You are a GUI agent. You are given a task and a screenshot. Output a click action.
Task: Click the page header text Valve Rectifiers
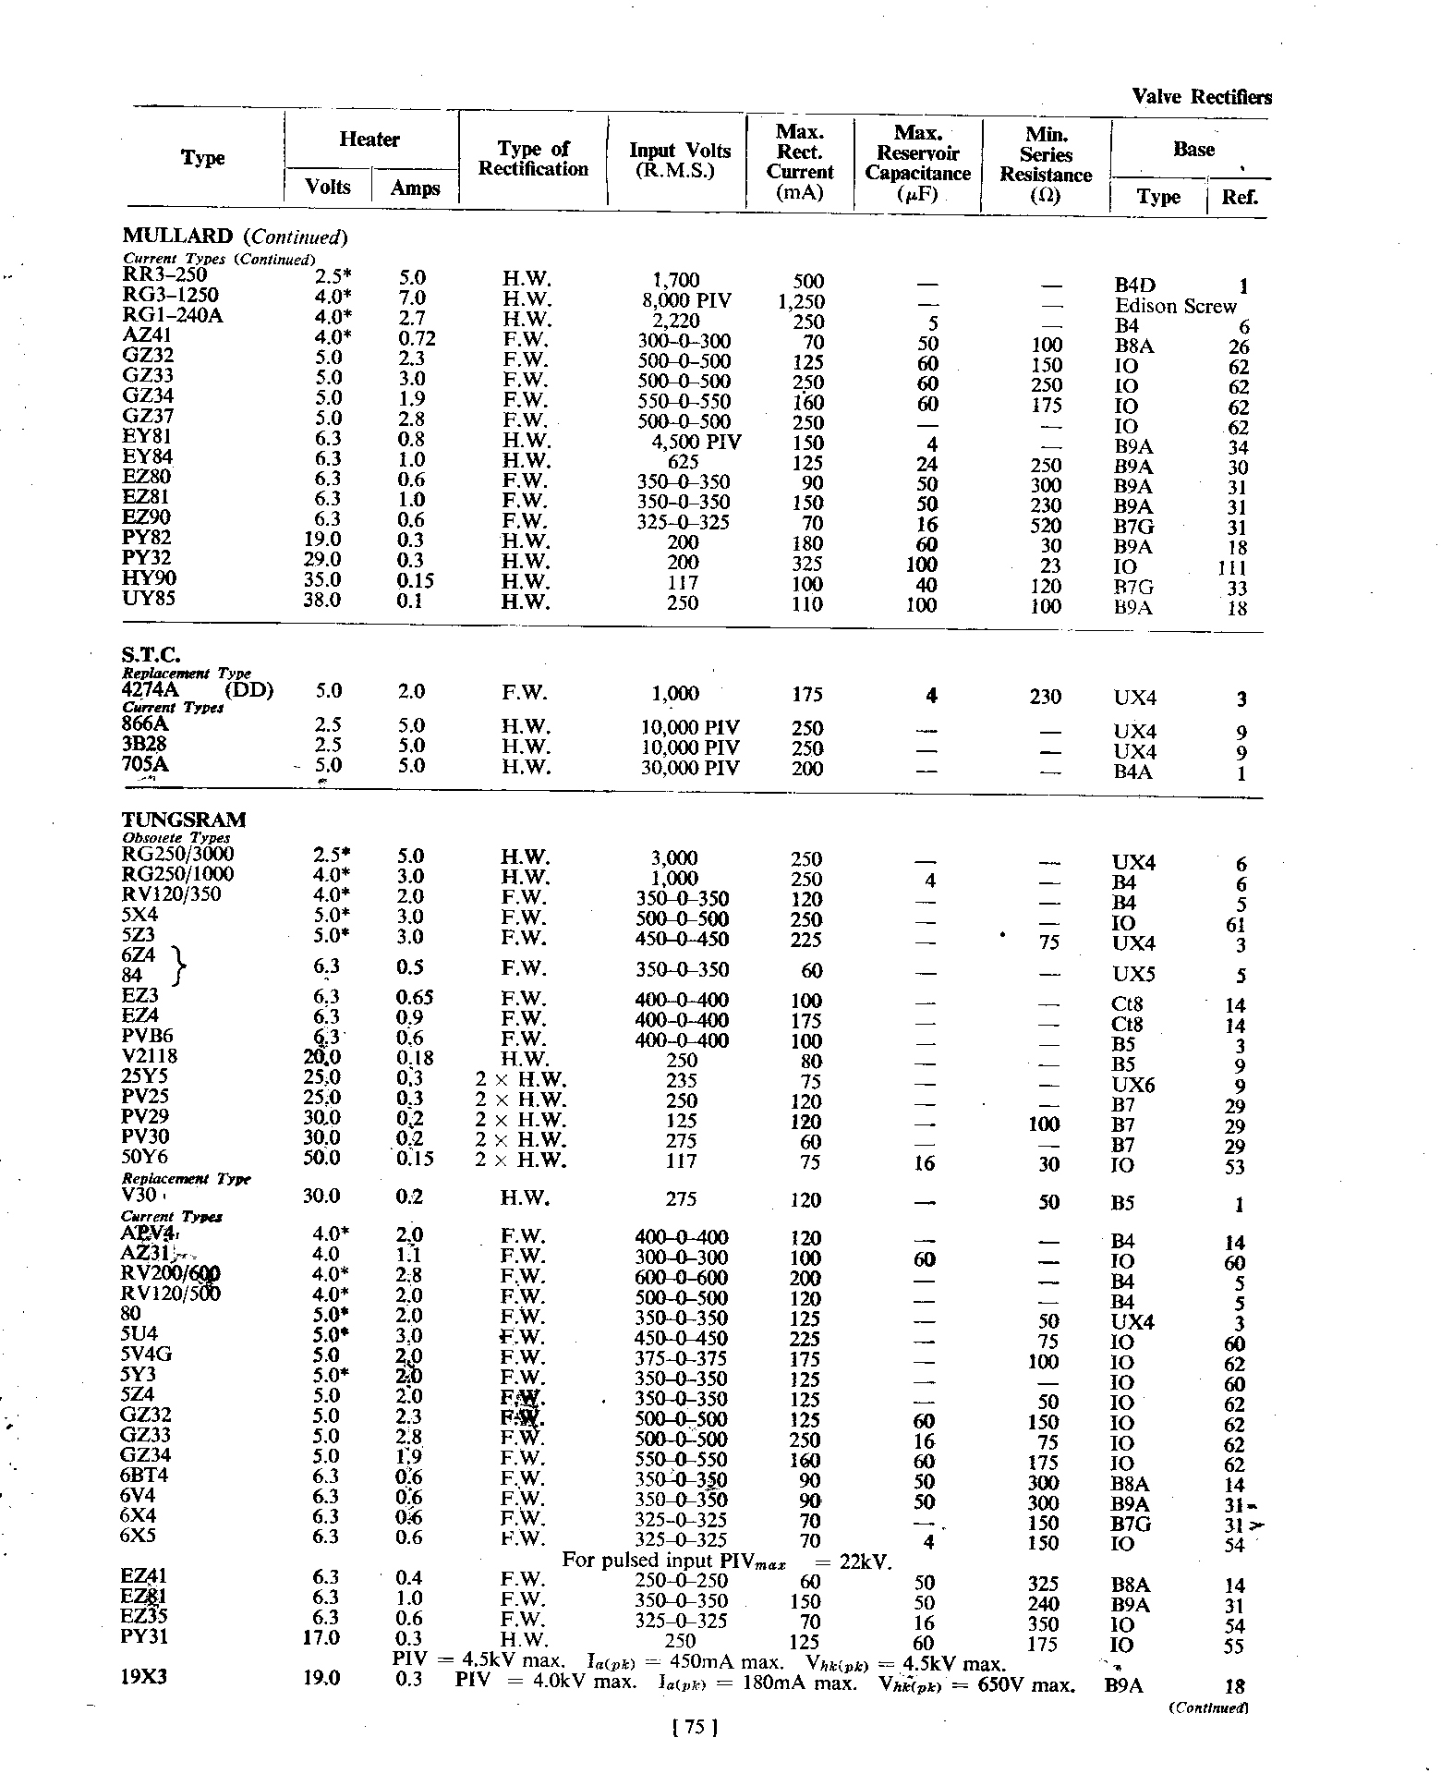pyautogui.click(x=1201, y=97)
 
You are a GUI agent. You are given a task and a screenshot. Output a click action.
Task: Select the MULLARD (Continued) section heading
pyautogui.click(x=235, y=237)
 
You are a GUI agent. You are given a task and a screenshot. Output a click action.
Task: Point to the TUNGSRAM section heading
pyautogui.click(x=184, y=820)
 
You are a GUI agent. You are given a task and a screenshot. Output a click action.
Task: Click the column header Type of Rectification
pyautogui.click(x=533, y=159)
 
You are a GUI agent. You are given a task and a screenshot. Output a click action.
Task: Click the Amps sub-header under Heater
pyautogui.click(x=415, y=188)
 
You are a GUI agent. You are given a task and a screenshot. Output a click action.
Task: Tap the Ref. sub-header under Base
pyautogui.click(x=1240, y=197)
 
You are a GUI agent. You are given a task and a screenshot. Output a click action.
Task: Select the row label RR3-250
pyautogui.click(x=165, y=274)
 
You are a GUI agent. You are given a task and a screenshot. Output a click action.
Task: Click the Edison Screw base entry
pyautogui.click(x=1175, y=306)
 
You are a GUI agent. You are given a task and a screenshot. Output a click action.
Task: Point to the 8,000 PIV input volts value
pyautogui.click(x=686, y=301)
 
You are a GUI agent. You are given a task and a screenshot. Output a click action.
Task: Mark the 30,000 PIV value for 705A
pyautogui.click(x=690, y=768)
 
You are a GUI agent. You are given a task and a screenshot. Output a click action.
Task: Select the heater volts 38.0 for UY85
pyautogui.click(x=322, y=600)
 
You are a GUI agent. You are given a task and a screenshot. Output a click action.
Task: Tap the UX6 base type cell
pyautogui.click(x=1134, y=1085)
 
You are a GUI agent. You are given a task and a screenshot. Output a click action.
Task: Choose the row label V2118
pyautogui.click(x=150, y=1056)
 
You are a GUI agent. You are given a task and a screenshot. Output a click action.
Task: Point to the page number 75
pyautogui.click(x=696, y=1726)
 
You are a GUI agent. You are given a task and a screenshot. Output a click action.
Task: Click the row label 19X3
pyautogui.click(x=143, y=1677)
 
